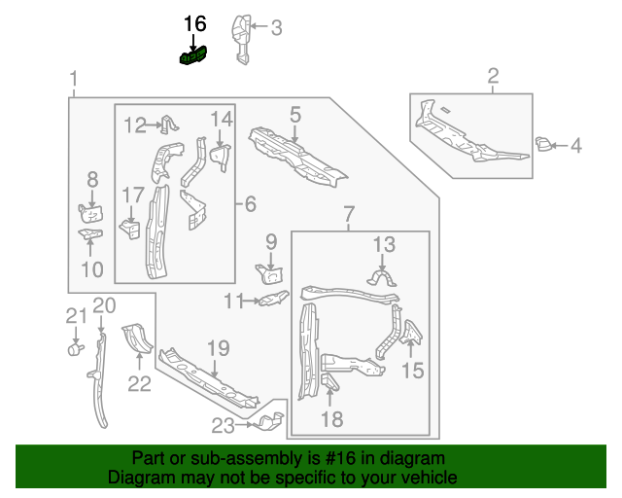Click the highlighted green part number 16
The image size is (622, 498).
[193, 58]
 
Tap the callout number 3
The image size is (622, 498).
[276, 28]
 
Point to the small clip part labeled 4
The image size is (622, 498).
[544, 146]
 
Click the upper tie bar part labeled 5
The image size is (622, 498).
[296, 156]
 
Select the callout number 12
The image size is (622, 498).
[134, 124]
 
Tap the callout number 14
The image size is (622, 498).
[223, 119]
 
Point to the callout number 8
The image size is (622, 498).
[92, 179]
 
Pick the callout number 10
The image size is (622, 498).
[92, 269]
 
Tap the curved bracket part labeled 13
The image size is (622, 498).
[382, 279]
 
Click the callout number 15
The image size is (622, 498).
[413, 370]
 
